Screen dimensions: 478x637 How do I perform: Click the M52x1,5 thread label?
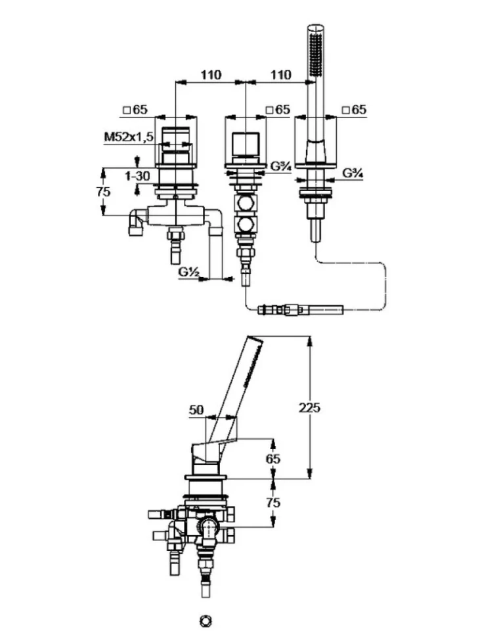129,137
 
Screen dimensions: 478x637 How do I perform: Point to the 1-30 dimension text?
137,176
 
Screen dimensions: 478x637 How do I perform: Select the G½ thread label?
188,272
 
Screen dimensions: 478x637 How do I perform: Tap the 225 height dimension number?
309,407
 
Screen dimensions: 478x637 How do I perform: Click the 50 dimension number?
196,410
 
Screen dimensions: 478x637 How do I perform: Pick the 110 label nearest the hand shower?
281,75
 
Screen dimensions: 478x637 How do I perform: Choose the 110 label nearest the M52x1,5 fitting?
211,75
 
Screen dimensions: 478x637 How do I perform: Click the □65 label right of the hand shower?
354,110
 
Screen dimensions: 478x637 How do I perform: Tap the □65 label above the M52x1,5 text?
135,110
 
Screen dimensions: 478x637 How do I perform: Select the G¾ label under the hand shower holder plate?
353,173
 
